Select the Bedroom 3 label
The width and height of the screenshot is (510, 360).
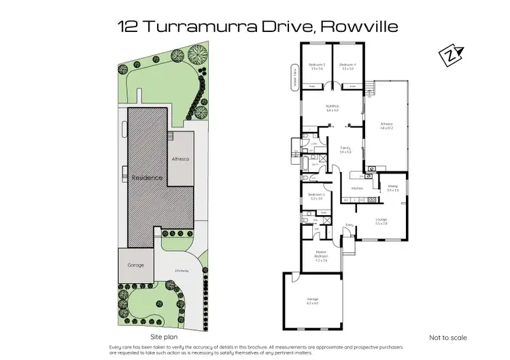click(x=316, y=66)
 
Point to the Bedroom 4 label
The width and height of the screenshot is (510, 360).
click(x=347, y=66)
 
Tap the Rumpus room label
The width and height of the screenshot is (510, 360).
click(x=332, y=108)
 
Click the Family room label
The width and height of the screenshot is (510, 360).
click(x=345, y=150)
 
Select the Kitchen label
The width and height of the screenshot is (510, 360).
click(x=358, y=188)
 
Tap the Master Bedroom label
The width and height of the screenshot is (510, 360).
click(x=321, y=257)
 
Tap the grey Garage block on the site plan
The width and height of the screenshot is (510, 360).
click(x=135, y=264)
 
